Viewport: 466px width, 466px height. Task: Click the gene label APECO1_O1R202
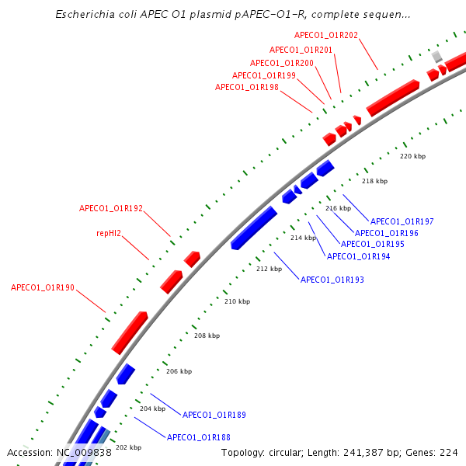point(326,36)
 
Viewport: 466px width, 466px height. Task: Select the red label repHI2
point(109,233)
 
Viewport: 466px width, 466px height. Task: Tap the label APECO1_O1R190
point(43,287)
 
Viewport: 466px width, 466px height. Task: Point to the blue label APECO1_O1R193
point(332,280)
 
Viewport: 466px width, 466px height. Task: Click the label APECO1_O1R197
point(402,221)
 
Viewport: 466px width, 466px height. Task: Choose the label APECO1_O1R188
point(199,437)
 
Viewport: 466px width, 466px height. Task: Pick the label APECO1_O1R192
point(111,208)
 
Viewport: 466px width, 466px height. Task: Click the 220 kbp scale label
point(413,156)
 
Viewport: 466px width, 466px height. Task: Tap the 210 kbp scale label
point(237,301)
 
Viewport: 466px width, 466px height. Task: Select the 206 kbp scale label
point(179,371)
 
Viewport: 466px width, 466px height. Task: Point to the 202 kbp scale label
point(128,447)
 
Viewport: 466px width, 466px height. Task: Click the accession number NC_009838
point(84,453)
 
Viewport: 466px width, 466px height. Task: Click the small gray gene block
point(436,57)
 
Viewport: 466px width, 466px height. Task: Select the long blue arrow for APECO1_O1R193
point(254,228)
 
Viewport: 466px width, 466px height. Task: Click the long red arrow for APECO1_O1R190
point(130,333)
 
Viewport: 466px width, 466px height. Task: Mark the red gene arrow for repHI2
point(171,282)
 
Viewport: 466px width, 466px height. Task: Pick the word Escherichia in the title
point(85,14)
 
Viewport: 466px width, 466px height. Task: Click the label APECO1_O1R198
point(247,87)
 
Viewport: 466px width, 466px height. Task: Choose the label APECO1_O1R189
point(214,415)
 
